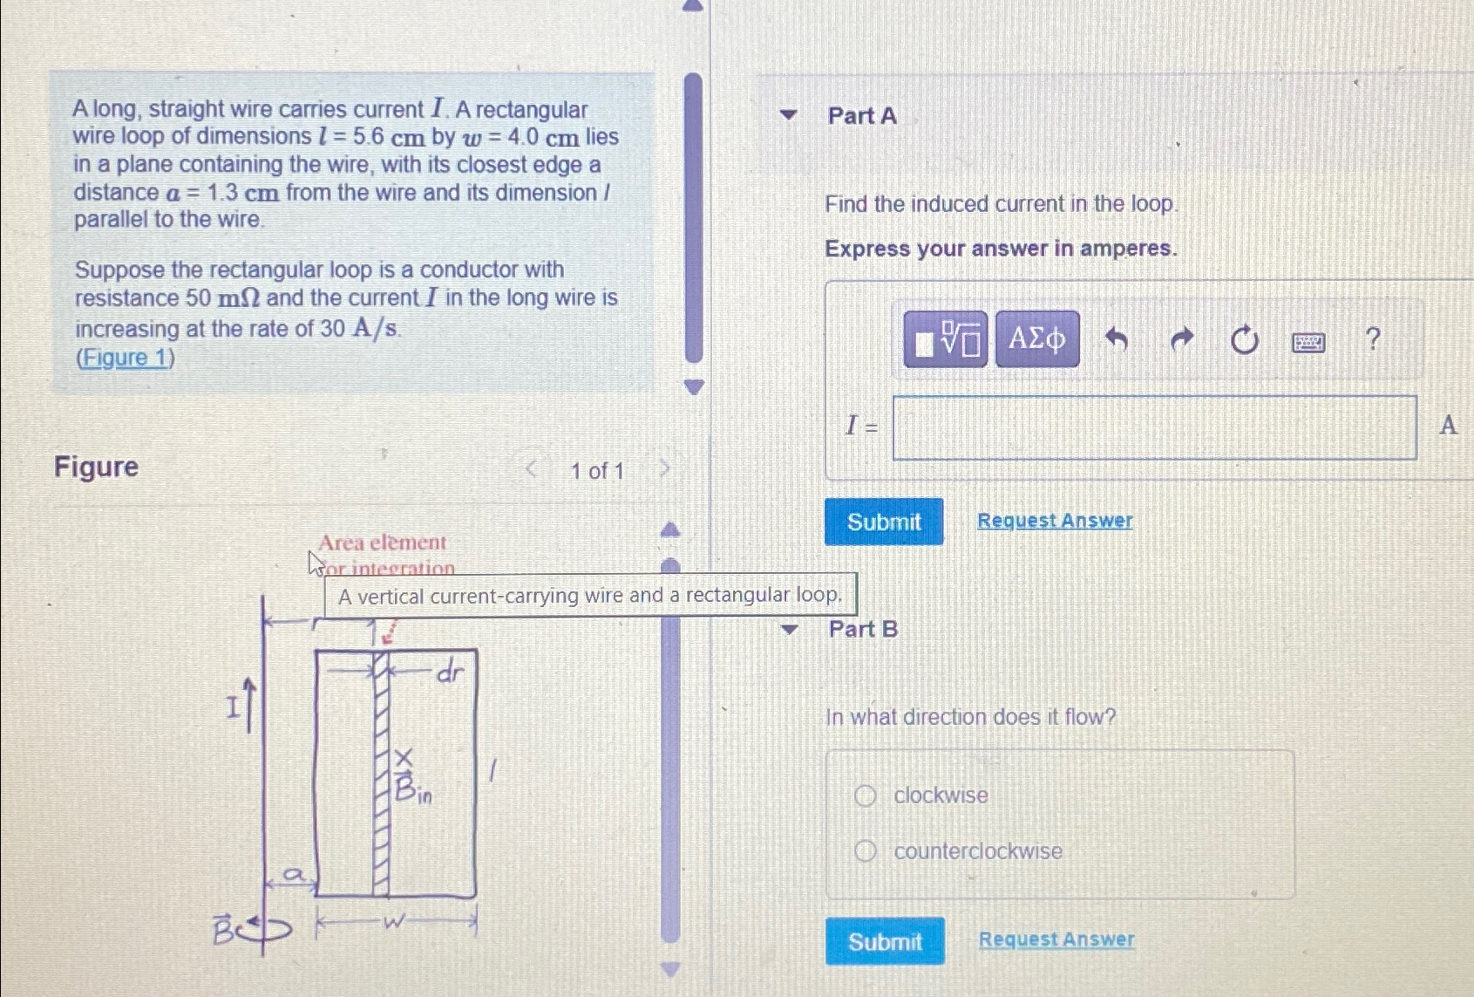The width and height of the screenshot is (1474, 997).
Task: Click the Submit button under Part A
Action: click(x=883, y=522)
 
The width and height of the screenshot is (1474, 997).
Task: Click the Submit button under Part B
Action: click(x=884, y=941)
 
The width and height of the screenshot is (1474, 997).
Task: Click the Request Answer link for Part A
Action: click(x=1054, y=521)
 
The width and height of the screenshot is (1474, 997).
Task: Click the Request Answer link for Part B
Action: click(x=1056, y=939)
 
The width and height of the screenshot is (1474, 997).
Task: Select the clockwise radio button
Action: click(x=865, y=796)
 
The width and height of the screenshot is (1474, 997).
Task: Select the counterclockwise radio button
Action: click(x=865, y=851)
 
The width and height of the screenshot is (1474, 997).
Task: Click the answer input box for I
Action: click(x=1153, y=427)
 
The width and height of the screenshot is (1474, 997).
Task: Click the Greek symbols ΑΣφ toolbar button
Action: click(x=1036, y=338)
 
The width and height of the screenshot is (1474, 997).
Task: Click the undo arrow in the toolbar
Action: click(x=1117, y=338)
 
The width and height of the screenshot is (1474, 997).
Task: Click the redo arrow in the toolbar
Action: click(x=1180, y=338)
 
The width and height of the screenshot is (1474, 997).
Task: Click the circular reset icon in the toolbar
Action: click(x=1244, y=339)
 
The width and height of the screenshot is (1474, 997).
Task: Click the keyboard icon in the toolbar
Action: click(x=1308, y=342)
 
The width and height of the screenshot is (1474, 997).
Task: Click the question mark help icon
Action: click(x=1372, y=338)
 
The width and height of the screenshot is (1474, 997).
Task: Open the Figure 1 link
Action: click(x=126, y=358)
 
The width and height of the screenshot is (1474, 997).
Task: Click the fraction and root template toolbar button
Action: click(x=945, y=339)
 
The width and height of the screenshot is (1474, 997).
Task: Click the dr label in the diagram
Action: click(x=450, y=672)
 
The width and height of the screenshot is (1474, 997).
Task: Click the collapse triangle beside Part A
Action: click(x=788, y=115)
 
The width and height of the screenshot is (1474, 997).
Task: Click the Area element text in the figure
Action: click(x=382, y=543)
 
